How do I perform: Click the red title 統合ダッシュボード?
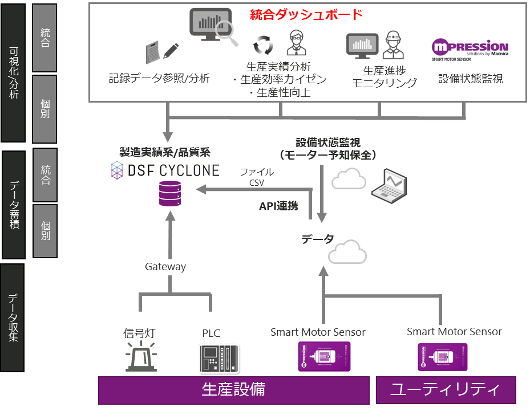(306, 14)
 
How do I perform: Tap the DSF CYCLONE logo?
(165, 170)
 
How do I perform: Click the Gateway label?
(165, 266)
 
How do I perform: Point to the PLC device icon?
(217, 358)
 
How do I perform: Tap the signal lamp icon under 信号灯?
(142, 356)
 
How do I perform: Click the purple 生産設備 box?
(233, 390)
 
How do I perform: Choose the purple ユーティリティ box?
(446, 390)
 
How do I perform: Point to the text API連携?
(279, 206)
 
